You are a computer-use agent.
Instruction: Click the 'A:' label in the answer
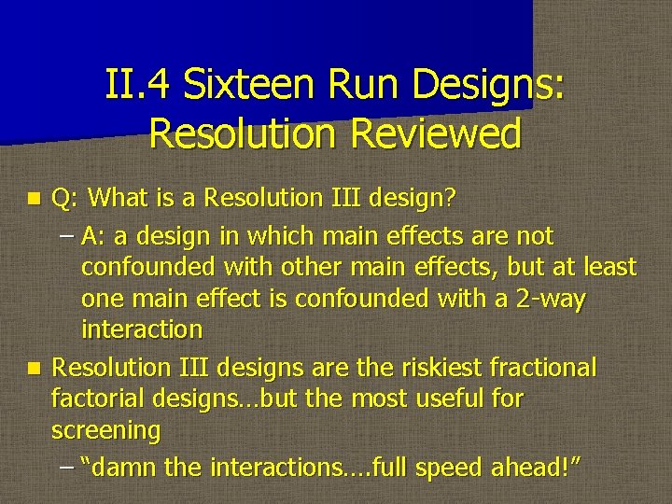94,235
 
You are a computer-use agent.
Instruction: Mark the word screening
105,431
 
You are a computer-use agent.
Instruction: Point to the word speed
451,466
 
